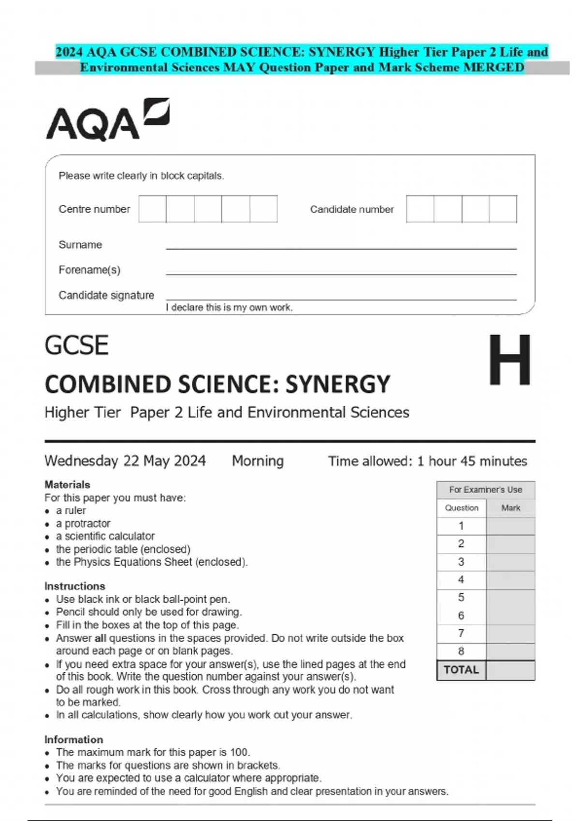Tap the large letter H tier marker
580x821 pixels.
[509, 360]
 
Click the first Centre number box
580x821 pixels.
[152, 209]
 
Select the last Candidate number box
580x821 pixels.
[503, 209]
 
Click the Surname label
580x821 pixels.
[80, 245]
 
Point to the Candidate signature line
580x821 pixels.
[341, 299]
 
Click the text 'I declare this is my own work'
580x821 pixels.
[229, 308]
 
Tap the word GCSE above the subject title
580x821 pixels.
[76, 346]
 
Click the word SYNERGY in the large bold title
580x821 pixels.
[337, 385]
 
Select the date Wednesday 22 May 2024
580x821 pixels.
[125, 461]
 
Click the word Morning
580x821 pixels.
[258, 461]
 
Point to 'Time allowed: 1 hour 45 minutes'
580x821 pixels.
[427, 461]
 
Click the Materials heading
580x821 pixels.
[67, 484]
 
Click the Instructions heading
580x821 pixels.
[75, 586]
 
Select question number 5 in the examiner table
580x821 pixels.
[461, 598]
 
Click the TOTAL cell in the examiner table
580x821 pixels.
[461, 670]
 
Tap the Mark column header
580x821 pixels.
[510, 508]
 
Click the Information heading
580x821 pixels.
[73, 739]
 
